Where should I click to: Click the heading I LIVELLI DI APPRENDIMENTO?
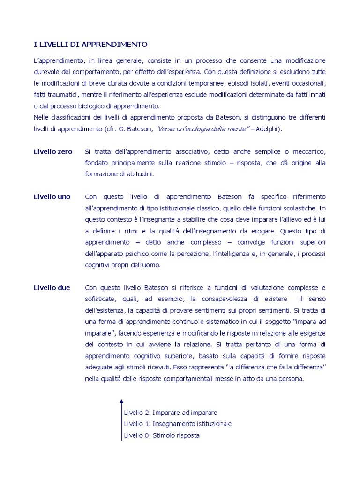(x=90, y=45)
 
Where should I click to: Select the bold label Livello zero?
(x=53, y=151)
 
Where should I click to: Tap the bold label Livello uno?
(x=52, y=197)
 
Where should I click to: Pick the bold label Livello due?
(x=52, y=288)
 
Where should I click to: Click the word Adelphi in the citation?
(x=269, y=129)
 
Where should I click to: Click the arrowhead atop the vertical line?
(x=121, y=401)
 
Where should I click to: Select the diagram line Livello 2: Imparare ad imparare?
(x=171, y=413)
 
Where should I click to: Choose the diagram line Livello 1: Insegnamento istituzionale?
(x=178, y=424)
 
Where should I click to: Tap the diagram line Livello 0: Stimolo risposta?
(x=162, y=435)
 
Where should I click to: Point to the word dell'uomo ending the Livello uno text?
(x=145, y=265)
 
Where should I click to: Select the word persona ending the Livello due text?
(x=291, y=379)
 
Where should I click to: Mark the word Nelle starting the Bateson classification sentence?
(x=41, y=117)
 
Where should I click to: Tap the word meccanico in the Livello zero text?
(x=308, y=151)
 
